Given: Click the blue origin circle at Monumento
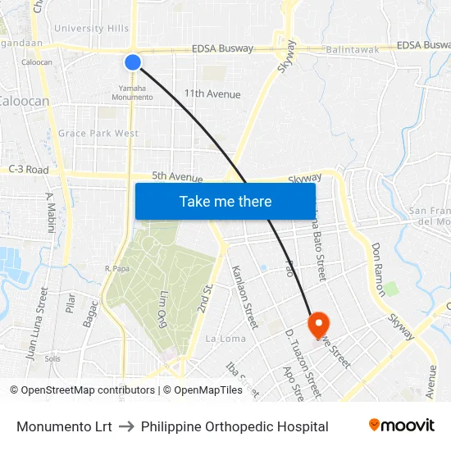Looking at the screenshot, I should [x=133, y=62].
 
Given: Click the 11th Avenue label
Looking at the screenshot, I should [x=212, y=94].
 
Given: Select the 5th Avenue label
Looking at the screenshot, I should [x=177, y=176].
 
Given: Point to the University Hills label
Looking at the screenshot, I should [x=91, y=29].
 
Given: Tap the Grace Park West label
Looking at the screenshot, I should [x=98, y=134].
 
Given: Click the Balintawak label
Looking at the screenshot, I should [x=352, y=50].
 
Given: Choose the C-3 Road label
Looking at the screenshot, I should [x=28, y=170].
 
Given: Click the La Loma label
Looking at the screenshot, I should [x=225, y=339].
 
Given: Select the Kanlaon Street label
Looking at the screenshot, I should [x=244, y=291].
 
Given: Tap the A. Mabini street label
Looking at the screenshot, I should [x=50, y=212].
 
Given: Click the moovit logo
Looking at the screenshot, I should [x=401, y=426].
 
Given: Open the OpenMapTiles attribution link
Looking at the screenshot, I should [x=208, y=390].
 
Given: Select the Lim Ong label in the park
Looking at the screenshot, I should [x=153, y=307].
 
